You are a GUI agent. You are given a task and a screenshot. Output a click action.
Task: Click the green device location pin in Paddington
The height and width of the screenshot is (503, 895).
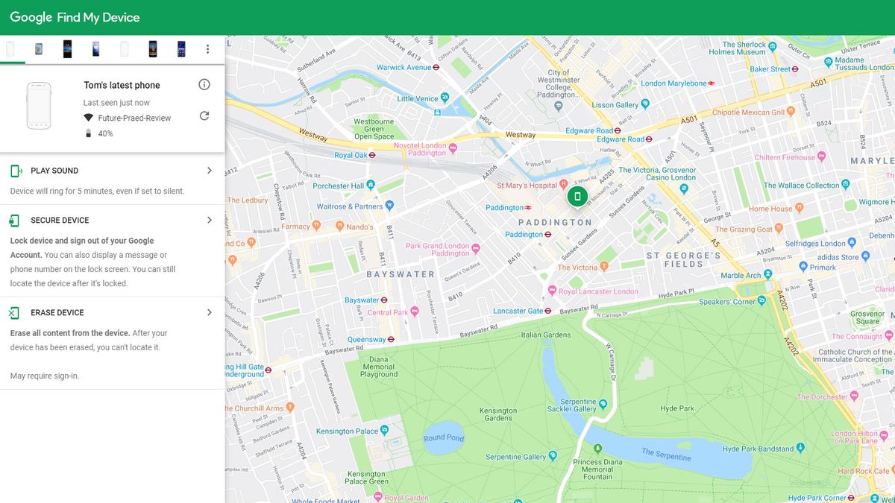[577, 197]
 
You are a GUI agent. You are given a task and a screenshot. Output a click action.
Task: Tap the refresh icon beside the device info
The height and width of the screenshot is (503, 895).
[204, 116]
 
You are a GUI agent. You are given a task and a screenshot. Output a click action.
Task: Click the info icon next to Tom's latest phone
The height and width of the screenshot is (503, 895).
[204, 85]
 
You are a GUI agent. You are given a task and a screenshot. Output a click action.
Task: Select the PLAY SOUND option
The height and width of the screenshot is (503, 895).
[54, 171]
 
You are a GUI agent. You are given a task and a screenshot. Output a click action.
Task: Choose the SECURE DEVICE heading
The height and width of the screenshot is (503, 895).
[60, 221]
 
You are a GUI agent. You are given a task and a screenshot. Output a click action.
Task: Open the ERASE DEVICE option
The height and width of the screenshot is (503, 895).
[57, 313]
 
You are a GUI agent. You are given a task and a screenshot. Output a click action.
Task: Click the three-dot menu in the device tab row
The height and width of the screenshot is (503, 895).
[207, 49]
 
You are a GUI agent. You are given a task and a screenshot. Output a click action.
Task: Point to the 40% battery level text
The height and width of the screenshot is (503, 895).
[105, 133]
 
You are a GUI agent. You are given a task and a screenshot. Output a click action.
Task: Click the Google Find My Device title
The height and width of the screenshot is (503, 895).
[75, 17]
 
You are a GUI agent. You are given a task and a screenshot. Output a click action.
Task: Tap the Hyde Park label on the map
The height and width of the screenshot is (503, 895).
[677, 408]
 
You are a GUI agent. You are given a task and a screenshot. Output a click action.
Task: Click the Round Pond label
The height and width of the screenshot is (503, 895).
[444, 437]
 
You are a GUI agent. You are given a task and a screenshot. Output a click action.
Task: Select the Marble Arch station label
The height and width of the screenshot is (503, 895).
[741, 276]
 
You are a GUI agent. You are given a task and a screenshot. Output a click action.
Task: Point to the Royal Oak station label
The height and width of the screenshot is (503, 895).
[351, 156]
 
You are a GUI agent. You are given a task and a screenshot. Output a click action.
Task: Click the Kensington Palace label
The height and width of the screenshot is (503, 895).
[347, 431]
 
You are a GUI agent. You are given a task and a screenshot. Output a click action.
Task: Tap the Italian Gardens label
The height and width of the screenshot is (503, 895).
[546, 335]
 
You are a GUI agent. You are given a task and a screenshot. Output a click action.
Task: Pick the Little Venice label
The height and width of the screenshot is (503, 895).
[418, 98]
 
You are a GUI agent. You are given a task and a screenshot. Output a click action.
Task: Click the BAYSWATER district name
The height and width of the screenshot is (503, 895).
[401, 274]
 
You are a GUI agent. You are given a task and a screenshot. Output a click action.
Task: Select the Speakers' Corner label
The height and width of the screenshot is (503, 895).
[727, 302]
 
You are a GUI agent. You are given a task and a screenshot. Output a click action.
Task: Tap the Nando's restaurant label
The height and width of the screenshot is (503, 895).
[359, 227]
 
